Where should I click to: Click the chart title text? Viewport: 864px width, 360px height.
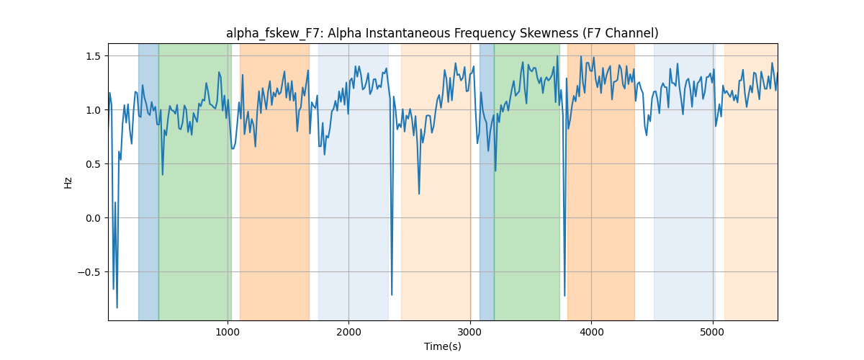point(442,33)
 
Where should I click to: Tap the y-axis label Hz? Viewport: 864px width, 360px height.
point(68,183)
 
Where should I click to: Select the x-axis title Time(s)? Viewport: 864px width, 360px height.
point(442,346)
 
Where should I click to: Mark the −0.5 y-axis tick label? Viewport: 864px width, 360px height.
point(89,272)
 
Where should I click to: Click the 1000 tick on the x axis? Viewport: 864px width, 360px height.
point(228,332)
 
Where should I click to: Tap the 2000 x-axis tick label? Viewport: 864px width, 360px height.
point(348,332)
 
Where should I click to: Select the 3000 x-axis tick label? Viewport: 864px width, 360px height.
point(470,332)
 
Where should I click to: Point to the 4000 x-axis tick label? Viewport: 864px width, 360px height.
point(591,332)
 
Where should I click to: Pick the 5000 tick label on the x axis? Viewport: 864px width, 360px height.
point(712,332)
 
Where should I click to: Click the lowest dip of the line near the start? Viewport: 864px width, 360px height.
point(117,307)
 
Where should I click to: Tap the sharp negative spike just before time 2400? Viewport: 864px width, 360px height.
point(392,295)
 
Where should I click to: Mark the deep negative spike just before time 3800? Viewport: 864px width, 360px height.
point(564,296)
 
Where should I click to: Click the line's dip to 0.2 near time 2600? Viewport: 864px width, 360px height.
point(419,194)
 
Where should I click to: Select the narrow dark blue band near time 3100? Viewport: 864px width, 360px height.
point(487,181)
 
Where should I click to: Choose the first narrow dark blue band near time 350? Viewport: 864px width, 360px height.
point(148,181)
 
